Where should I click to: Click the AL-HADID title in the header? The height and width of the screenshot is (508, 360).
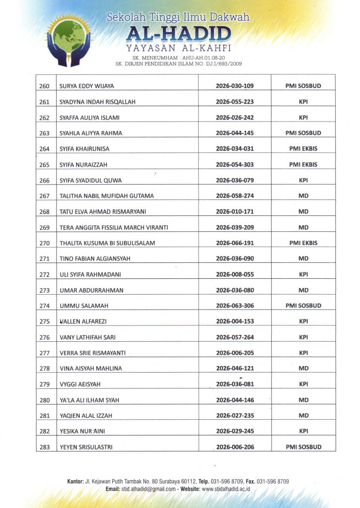(x=178, y=34)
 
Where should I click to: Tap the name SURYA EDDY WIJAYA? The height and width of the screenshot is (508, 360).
(x=87, y=86)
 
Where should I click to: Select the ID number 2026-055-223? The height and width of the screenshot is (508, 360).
(x=235, y=102)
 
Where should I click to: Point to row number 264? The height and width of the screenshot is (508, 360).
(x=45, y=149)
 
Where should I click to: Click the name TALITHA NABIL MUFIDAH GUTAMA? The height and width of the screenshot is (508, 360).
(x=107, y=196)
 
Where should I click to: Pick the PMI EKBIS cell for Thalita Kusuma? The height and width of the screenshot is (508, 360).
(x=303, y=243)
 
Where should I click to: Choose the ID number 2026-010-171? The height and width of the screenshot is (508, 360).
(x=235, y=212)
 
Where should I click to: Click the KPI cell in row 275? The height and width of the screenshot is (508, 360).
(x=303, y=321)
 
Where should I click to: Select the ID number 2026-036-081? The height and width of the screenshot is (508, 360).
(x=235, y=384)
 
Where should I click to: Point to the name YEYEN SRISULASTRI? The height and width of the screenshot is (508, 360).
(x=86, y=447)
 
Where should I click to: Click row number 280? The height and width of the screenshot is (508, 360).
(x=45, y=400)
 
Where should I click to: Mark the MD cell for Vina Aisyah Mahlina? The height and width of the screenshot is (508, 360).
(x=303, y=369)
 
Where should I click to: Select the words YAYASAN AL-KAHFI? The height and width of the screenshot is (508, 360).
(x=178, y=49)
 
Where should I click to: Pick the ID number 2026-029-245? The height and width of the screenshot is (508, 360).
(x=235, y=432)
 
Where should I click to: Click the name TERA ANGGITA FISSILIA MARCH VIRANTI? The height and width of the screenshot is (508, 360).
(x=114, y=228)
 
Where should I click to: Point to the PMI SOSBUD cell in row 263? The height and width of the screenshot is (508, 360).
(x=303, y=133)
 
